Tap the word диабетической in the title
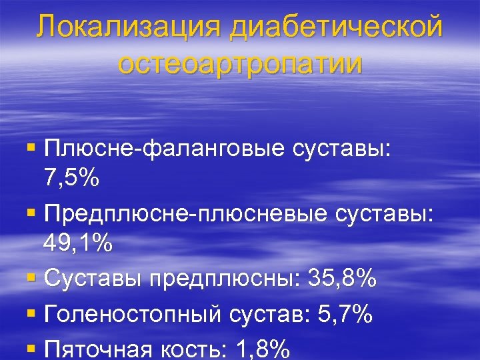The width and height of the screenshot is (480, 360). pyautogui.click(x=336, y=29)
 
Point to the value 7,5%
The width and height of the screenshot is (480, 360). pyautogui.click(x=72, y=179)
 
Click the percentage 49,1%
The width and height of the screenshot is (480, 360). pyautogui.click(x=79, y=244)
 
